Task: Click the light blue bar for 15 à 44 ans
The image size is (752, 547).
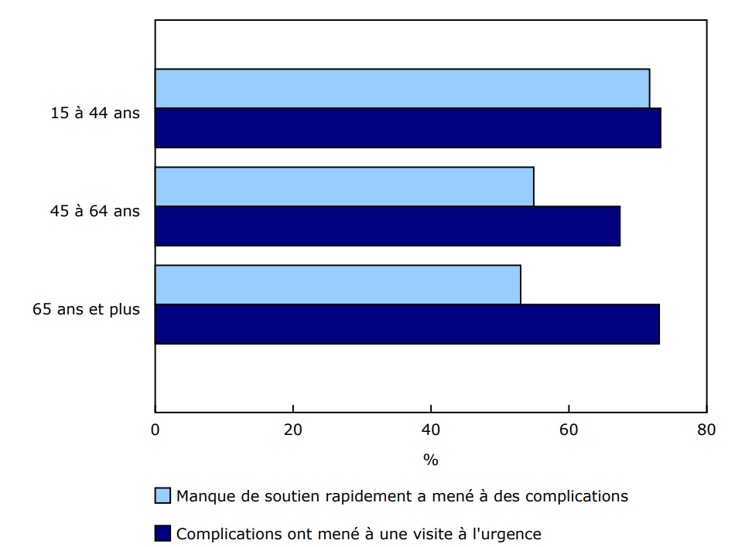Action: (x=402, y=88)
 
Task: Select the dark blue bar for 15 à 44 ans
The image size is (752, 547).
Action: (x=408, y=127)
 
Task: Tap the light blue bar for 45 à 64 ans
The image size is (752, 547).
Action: (x=344, y=186)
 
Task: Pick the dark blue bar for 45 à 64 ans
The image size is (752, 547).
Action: (x=387, y=226)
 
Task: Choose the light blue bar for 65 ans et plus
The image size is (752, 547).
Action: (x=337, y=284)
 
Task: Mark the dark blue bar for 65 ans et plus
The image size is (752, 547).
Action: (x=407, y=324)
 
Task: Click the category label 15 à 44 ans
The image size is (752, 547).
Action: (x=95, y=112)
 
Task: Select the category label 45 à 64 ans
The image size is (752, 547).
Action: (x=95, y=210)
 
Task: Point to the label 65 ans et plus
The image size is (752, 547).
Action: (x=86, y=309)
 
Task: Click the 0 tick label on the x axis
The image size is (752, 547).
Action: (x=156, y=430)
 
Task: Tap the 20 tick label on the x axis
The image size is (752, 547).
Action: (x=293, y=430)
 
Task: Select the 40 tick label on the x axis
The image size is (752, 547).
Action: (x=431, y=430)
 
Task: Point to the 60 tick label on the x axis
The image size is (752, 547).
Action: (x=569, y=430)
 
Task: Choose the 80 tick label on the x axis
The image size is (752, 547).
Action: (x=706, y=430)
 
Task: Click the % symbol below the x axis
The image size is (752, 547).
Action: (x=431, y=460)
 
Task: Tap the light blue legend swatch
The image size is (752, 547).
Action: (x=162, y=496)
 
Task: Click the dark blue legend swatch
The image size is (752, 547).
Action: (x=162, y=533)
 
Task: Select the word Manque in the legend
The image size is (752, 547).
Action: (x=202, y=496)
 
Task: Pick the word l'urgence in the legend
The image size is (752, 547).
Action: (x=509, y=533)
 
